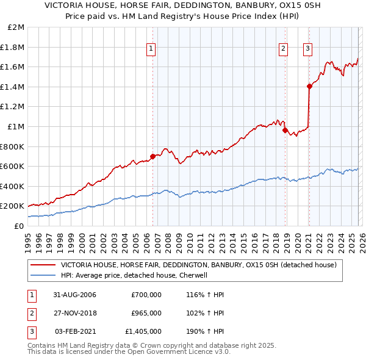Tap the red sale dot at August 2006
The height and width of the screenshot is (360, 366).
153,156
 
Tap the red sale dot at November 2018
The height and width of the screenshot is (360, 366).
285,130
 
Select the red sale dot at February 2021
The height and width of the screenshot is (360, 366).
309,87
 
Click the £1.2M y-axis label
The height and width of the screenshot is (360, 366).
13,107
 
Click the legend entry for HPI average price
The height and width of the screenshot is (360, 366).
134,275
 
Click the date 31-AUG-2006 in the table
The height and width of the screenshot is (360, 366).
75,295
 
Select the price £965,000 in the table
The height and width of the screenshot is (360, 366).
146,313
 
